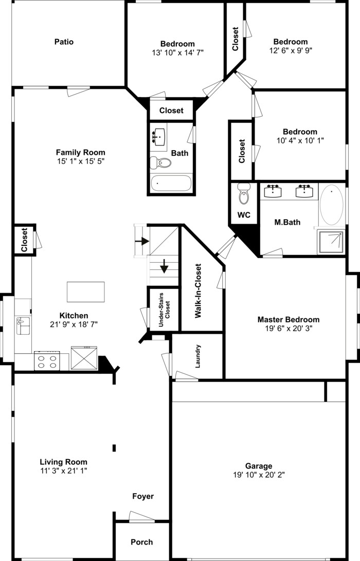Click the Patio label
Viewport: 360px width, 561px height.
64,42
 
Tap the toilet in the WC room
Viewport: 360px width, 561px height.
244,195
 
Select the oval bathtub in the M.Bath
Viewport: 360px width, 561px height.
332,205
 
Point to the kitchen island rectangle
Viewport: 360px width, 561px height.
85,292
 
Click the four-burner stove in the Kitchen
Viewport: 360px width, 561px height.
47,360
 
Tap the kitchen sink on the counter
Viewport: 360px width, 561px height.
22,326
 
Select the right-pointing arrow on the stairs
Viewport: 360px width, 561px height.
142,241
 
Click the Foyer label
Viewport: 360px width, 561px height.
143,496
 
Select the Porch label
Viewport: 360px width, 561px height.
141,541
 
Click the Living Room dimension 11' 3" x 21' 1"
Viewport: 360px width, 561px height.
64,470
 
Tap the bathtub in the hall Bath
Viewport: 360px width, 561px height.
171,183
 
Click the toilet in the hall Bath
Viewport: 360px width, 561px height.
160,163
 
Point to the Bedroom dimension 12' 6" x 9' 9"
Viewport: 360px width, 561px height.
291,50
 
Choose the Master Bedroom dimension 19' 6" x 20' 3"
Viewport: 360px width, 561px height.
288,328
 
